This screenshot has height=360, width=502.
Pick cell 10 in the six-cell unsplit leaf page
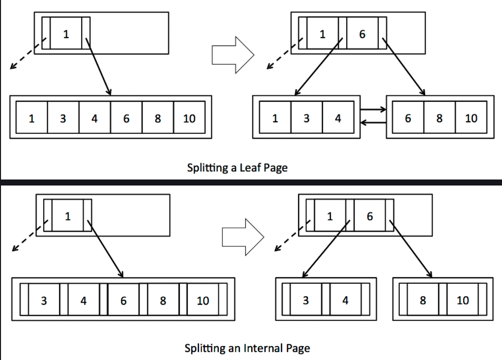click(x=189, y=119)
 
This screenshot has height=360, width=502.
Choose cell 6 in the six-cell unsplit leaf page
click(x=126, y=119)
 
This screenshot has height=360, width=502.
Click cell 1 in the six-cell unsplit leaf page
click(x=32, y=119)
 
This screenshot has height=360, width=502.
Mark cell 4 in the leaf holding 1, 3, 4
click(x=338, y=118)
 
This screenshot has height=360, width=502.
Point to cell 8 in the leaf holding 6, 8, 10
click(x=439, y=118)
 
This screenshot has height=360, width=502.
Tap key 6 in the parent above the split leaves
click(x=362, y=34)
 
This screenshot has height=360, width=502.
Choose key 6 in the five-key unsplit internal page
click(x=123, y=301)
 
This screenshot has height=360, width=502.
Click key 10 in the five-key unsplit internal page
click(x=202, y=301)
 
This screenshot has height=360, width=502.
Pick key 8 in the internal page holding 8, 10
click(x=423, y=300)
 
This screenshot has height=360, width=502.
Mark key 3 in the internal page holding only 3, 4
click(x=306, y=300)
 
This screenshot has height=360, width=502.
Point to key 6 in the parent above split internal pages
click(x=370, y=216)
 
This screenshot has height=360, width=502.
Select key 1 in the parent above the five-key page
click(x=68, y=216)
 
